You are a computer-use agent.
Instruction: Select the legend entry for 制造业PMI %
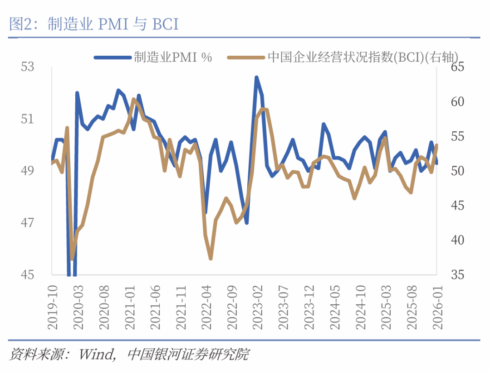tap(173, 57)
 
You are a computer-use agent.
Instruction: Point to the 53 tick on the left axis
tap(28, 67)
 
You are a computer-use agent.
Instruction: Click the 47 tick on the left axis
tap(28, 223)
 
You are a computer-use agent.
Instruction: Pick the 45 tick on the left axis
tap(28, 275)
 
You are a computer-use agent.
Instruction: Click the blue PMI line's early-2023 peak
tap(256, 77)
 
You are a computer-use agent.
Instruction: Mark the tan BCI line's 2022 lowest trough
tap(211, 259)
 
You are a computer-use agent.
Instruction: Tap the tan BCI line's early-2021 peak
tap(133, 99)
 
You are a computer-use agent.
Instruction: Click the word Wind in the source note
tap(96, 354)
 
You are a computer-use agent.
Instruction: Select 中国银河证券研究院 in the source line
tap(189, 354)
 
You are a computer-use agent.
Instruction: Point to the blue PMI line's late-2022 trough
tap(246, 222)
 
